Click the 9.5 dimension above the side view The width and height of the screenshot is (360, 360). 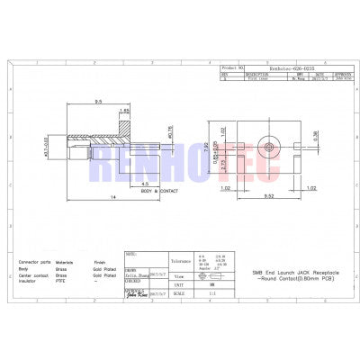96,103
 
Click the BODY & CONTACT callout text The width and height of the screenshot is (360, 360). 160,191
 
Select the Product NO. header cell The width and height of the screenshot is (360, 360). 232,67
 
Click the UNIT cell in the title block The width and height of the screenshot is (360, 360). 179,283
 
